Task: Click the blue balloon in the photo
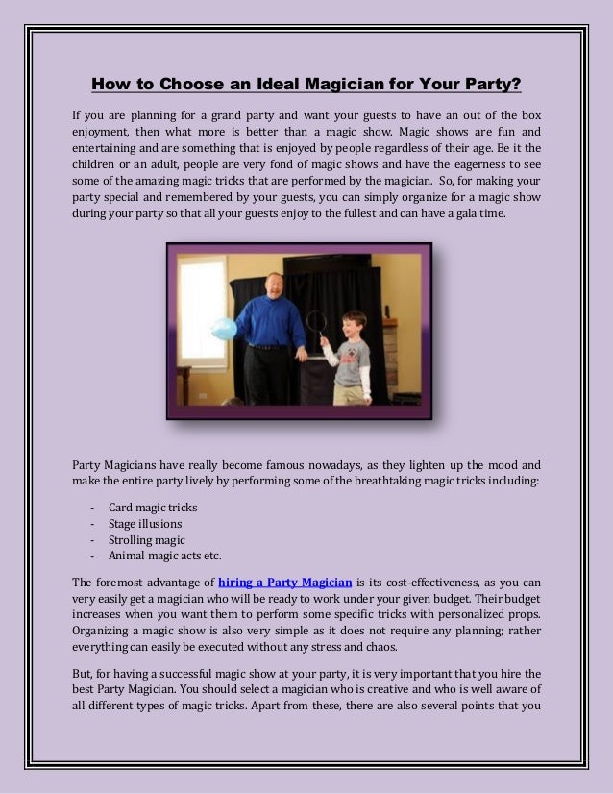225,328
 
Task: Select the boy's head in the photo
352,325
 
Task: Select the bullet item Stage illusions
145,524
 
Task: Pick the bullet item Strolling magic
147,540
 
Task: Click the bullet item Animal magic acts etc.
165,556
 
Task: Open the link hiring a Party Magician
285,582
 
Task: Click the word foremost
127,582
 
